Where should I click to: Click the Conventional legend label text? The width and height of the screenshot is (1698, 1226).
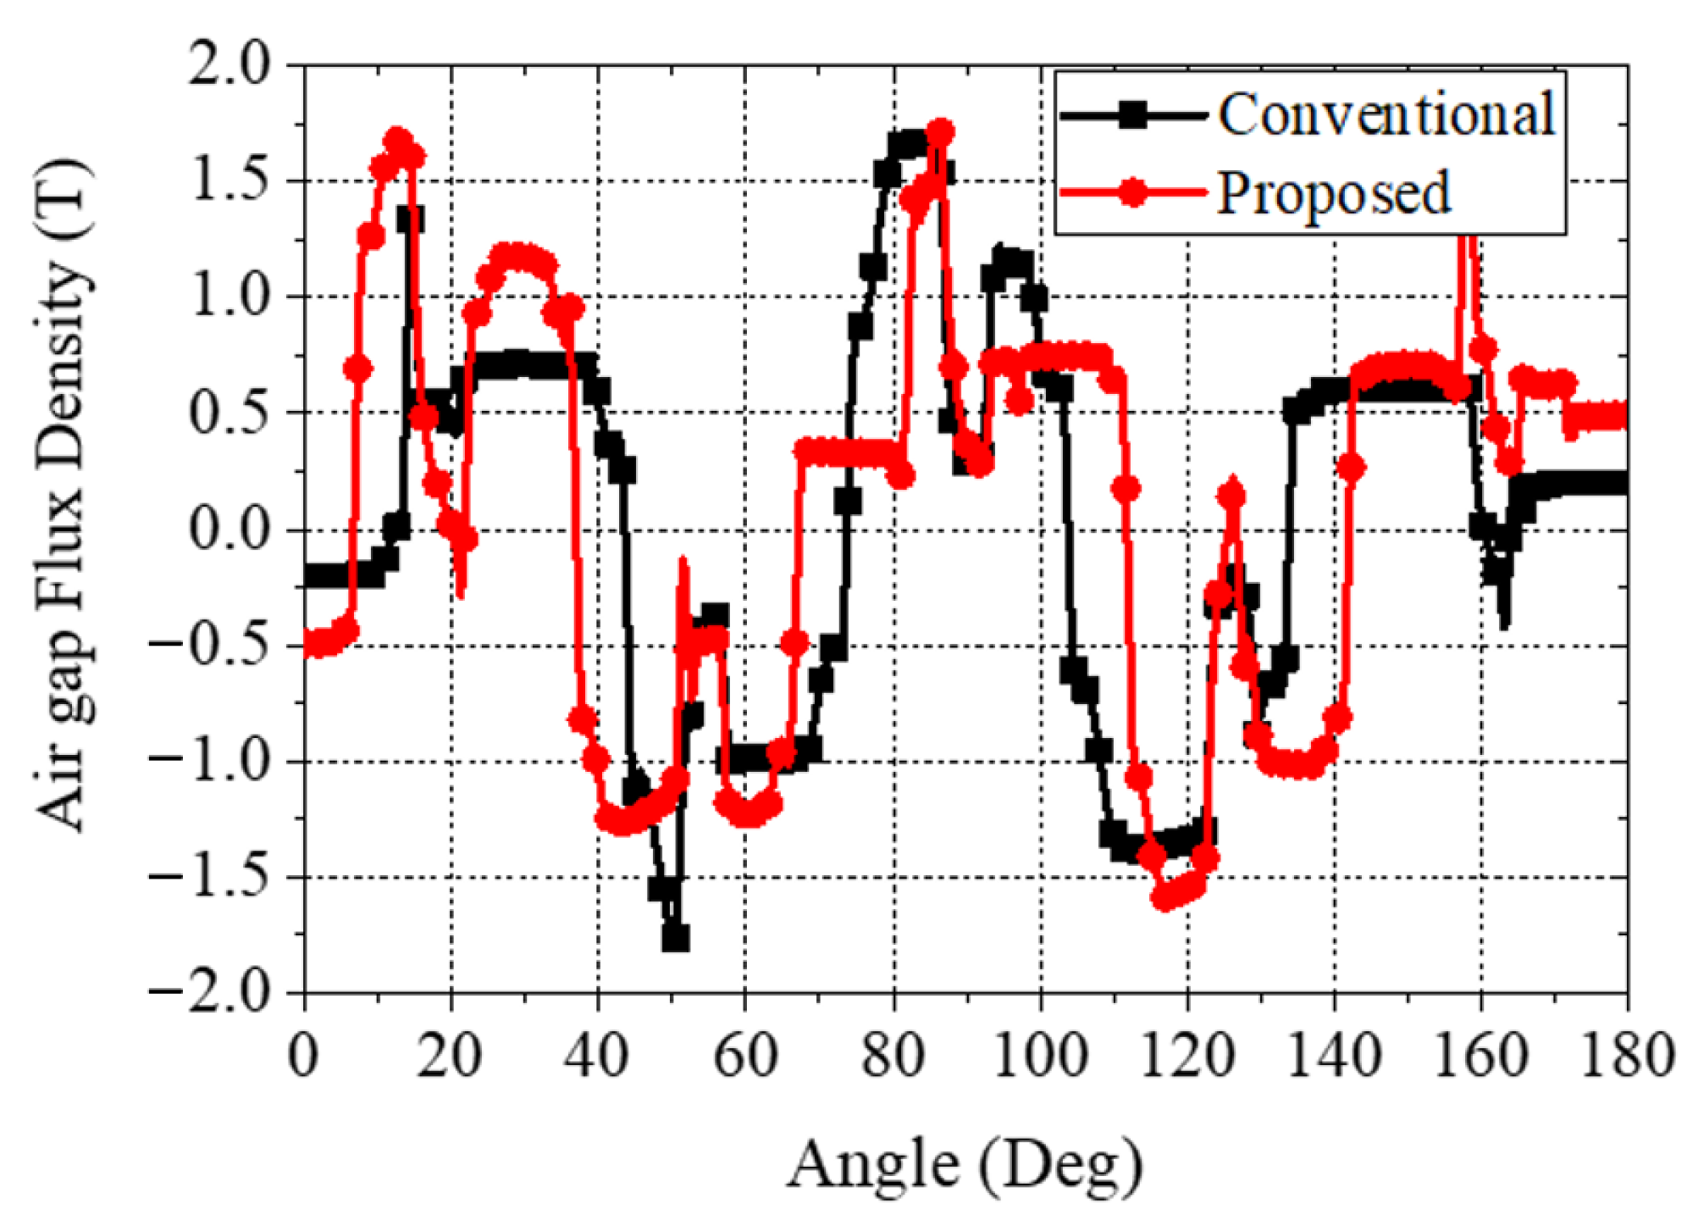click(x=1386, y=114)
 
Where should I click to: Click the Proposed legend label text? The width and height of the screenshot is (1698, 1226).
click(x=1333, y=193)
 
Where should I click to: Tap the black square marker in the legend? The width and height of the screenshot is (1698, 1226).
click(x=1132, y=114)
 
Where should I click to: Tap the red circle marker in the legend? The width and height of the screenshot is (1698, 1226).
click(x=1132, y=193)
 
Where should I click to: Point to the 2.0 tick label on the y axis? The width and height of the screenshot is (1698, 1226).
click(x=227, y=64)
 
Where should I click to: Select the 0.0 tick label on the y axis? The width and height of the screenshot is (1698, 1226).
click(x=227, y=530)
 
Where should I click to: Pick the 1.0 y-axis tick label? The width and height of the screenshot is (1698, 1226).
click(x=227, y=297)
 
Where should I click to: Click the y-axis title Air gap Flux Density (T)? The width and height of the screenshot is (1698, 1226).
click(x=64, y=496)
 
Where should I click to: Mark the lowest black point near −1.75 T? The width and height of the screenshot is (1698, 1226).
click(x=675, y=938)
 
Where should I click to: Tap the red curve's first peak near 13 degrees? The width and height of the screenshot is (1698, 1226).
click(x=397, y=140)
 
